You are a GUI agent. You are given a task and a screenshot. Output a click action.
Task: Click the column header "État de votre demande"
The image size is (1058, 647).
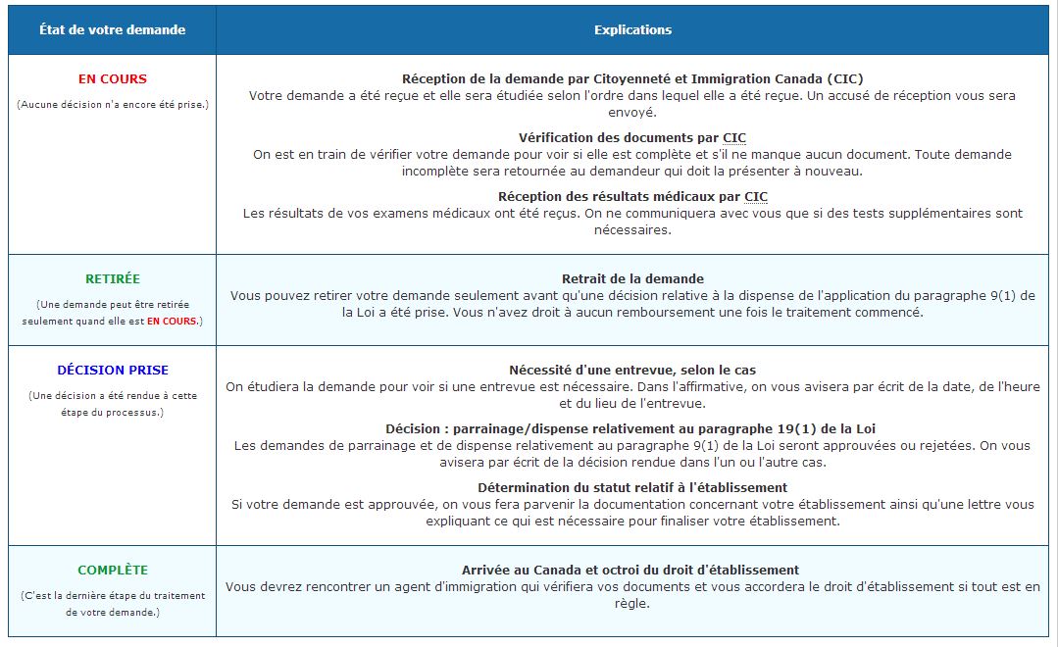(112, 29)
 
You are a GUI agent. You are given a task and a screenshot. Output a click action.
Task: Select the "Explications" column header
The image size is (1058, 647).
(632, 29)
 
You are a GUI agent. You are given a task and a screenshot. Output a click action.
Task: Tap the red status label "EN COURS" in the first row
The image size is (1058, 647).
(113, 79)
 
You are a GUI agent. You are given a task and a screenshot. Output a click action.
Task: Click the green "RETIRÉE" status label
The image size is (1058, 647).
(113, 279)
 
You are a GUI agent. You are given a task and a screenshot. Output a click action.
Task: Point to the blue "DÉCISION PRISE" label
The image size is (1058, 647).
(113, 371)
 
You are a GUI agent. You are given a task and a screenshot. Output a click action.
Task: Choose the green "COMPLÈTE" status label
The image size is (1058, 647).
(113, 571)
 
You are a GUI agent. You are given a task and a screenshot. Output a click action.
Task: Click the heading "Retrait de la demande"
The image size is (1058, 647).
(632, 279)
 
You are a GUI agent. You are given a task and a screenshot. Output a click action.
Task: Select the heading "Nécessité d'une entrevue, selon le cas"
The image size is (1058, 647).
(632, 371)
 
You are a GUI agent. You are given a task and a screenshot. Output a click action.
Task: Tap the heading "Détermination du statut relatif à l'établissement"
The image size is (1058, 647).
(632, 487)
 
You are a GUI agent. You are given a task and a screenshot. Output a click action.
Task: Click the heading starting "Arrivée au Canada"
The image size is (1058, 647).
(630, 571)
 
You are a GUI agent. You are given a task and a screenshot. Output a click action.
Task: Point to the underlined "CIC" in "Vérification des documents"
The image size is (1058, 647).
(734, 138)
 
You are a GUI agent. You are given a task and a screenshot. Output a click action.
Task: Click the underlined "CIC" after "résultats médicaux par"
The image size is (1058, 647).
(756, 197)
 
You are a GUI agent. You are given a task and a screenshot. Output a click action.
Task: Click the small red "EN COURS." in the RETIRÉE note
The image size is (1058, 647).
(174, 322)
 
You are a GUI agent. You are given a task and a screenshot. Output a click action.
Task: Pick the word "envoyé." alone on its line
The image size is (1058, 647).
(632, 113)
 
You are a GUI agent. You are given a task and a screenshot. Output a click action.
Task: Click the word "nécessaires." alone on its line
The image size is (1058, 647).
(632, 230)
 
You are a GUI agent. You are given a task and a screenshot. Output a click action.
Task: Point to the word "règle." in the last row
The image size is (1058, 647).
(632, 604)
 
